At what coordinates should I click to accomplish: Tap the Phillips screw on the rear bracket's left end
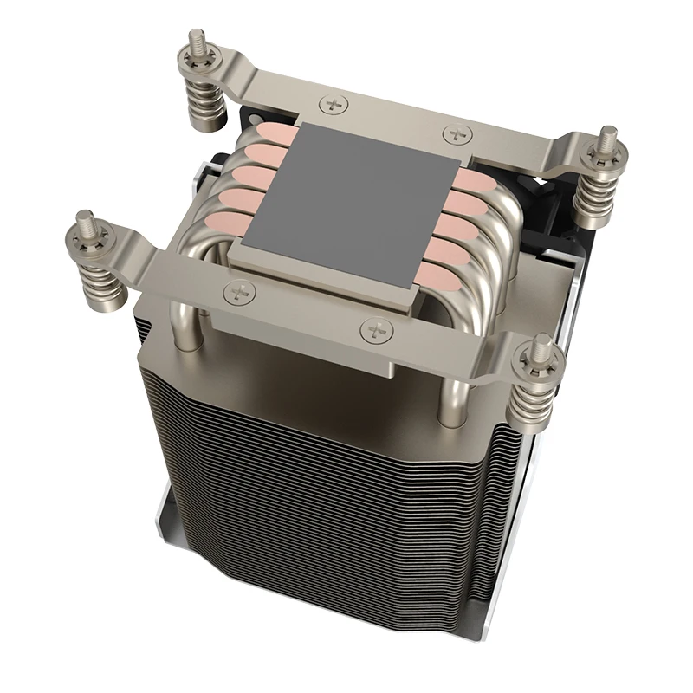332,104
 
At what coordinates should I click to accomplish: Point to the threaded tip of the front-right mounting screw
539,342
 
